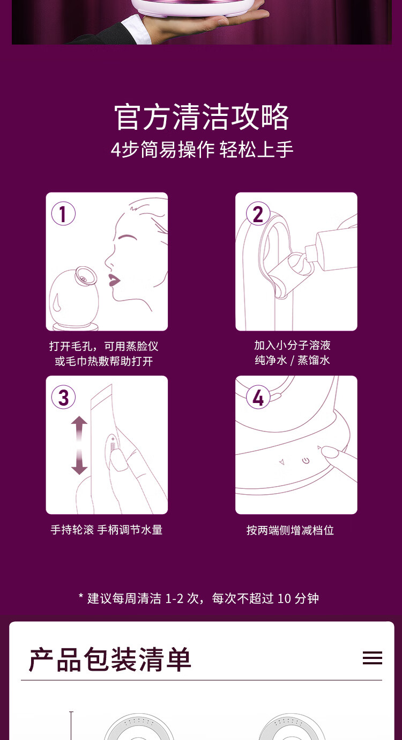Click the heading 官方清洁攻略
pos(202,116)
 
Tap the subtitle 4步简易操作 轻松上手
pos(202,149)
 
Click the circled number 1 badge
pos(63,214)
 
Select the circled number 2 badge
pos(258,214)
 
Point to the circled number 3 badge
pos(63,397)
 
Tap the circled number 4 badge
pos(258,397)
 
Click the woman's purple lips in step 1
pos(114,280)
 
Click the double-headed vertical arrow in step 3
pos(79,445)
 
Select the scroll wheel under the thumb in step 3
pos(113,446)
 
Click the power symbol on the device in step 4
pos(306,460)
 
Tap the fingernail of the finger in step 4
pos(330,452)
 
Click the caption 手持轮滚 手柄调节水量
pos(107,530)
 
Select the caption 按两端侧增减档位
pos(290,530)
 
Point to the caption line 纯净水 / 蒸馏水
pos(293,360)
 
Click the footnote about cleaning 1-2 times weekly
pos(199,599)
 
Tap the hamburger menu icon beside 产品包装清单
pos(373,658)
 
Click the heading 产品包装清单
pos(110,660)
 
